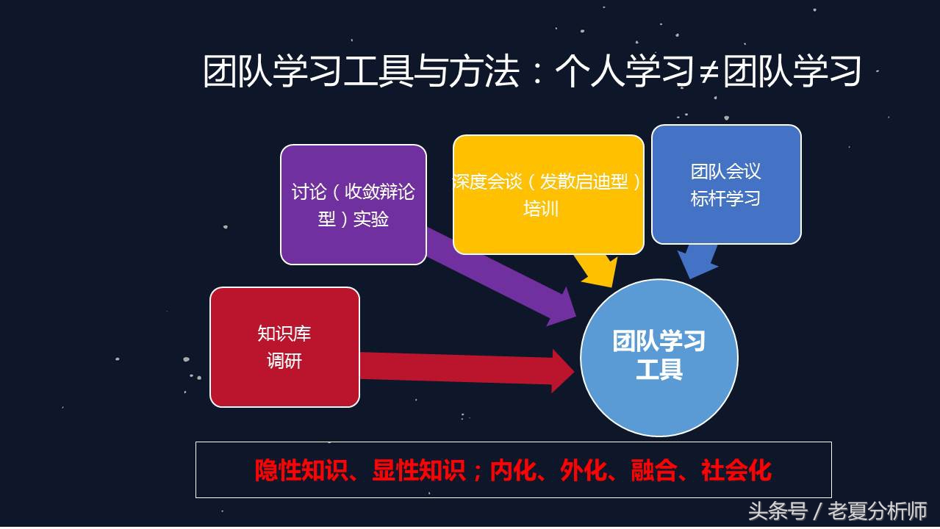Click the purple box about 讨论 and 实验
tap(354, 204)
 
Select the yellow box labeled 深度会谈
tap(548, 195)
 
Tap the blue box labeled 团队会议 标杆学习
tap(726, 184)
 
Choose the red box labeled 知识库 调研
tap(284, 347)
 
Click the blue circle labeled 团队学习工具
tap(659, 358)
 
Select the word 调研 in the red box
tap(284, 361)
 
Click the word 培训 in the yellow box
tap(541, 209)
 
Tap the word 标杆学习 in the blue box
tap(725, 198)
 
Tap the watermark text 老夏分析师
tap(877, 511)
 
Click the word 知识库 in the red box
tap(284, 334)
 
